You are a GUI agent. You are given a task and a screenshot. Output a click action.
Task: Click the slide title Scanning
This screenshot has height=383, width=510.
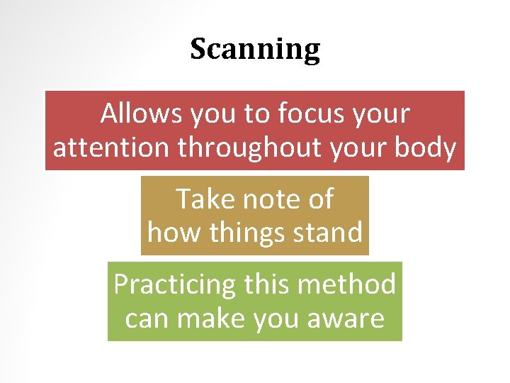pyautogui.click(x=255, y=50)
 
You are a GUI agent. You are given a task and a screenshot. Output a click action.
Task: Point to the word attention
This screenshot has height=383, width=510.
pyautogui.click(x=112, y=148)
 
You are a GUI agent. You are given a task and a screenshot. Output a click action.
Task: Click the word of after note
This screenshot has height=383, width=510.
pyautogui.click(x=319, y=199)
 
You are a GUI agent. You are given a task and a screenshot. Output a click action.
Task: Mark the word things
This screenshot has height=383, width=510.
pyautogui.click(x=237, y=233)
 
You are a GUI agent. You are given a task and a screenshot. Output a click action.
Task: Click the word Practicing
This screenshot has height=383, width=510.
pyautogui.click(x=174, y=284)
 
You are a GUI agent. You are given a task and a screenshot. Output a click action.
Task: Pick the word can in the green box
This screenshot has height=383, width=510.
pyautogui.click(x=147, y=318)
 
